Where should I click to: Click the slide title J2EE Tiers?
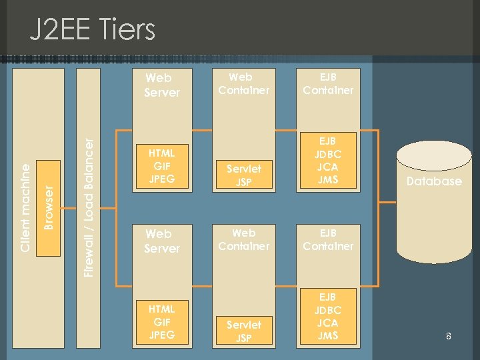(93, 30)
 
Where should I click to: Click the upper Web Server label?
(162, 85)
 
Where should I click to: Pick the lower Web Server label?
(162, 241)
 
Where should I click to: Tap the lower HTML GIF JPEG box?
(161, 322)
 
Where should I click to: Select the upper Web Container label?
(244, 83)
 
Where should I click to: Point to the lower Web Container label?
(244, 239)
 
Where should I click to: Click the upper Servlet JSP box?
(244, 175)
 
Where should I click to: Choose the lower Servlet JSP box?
(244, 331)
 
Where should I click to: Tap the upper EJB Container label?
(328, 83)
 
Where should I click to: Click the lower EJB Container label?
(328, 239)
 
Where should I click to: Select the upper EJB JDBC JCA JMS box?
(328, 160)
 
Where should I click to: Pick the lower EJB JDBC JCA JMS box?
(328, 316)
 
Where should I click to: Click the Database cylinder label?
(434, 181)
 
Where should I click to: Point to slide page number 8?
(449, 337)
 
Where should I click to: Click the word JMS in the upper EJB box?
(328, 179)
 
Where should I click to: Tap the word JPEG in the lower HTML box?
(161, 335)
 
